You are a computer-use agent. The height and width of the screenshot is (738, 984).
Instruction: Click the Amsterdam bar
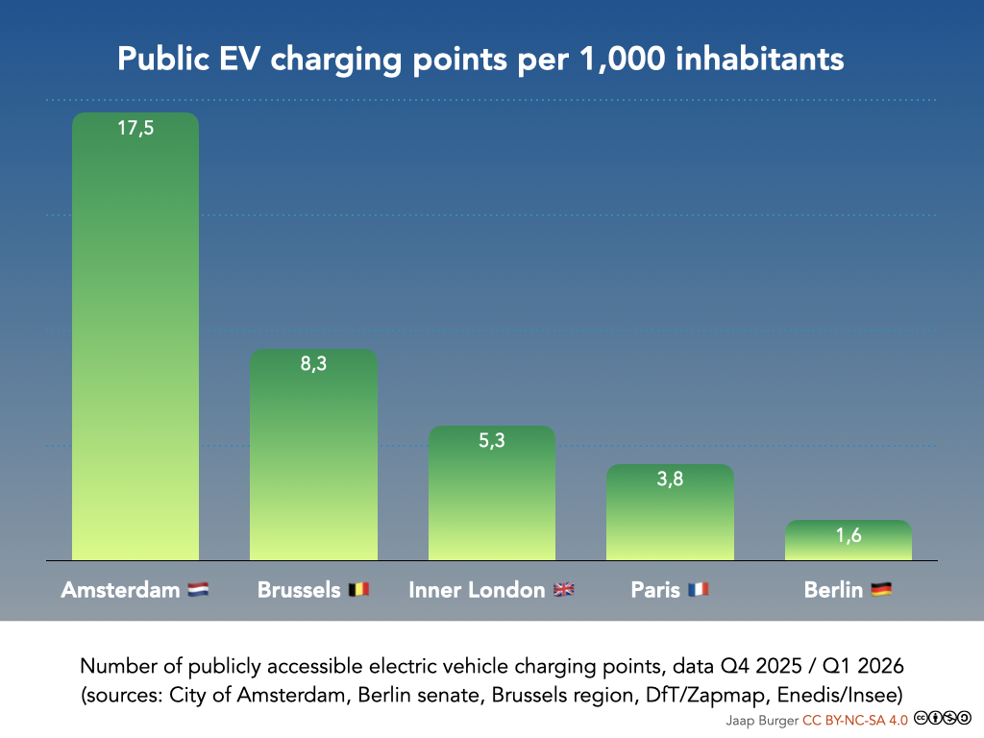pyautogui.click(x=135, y=336)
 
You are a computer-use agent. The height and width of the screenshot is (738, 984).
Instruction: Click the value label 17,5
pyautogui.click(x=135, y=129)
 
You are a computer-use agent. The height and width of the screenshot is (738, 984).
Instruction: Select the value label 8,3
pyautogui.click(x=313, y=365)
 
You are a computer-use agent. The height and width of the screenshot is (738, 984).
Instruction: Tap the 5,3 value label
pyautogui.click(x=491, y=442)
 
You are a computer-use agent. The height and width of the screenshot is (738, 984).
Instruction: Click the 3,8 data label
pyautogui.click(x=670, y=480)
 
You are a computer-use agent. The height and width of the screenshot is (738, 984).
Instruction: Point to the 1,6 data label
pyautogui.click(x=848, y=536)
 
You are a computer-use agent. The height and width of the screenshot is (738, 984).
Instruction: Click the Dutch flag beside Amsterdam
pyautogui.click(x=198, y=590)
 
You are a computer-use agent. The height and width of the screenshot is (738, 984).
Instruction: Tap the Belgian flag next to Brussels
pyautogui.click(x=357, y=590)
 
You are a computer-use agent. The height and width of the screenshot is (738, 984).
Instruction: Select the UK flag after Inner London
pyautogui.click(x=563, y=590)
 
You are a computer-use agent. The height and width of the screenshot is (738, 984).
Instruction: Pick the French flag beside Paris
pyautogui.click(x=698, y=590)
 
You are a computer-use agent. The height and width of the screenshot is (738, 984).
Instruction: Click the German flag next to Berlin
pyautogui.click(x=881, y=590)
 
